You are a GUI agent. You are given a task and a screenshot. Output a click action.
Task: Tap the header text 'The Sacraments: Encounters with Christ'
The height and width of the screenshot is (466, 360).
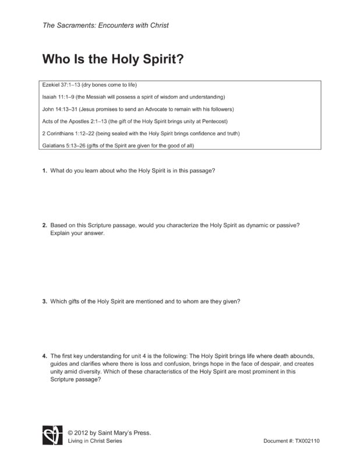[x=105, y=26]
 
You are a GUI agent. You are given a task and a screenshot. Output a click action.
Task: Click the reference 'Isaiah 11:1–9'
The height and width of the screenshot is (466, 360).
[x=59, y=97]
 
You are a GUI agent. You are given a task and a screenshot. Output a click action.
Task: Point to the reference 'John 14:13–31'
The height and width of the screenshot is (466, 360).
[x=60, y=109]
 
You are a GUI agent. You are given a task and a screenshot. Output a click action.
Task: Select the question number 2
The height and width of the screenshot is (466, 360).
[x=44, y=225]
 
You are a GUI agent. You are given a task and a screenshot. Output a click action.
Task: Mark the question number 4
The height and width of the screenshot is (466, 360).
[x=44, y=355]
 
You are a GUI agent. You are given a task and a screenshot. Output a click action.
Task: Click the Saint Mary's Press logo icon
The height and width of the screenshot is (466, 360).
[x=51, y=436]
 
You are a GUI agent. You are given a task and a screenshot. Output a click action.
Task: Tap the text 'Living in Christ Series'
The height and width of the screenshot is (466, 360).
[x=94, y=441]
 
